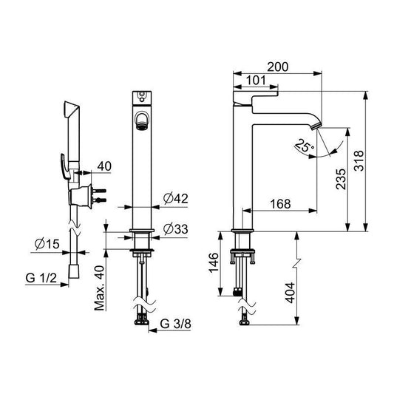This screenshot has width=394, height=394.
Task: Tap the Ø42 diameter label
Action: coord(177,199)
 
